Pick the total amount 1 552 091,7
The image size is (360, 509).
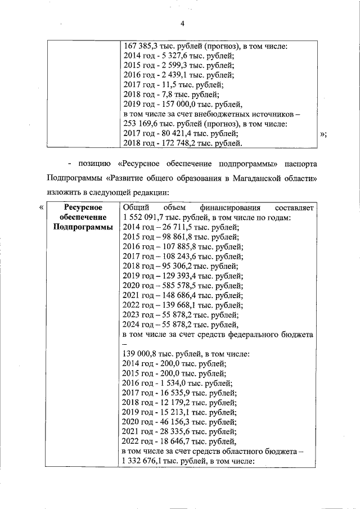(x=145, y=218)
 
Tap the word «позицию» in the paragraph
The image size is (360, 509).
(x=92, y=164)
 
